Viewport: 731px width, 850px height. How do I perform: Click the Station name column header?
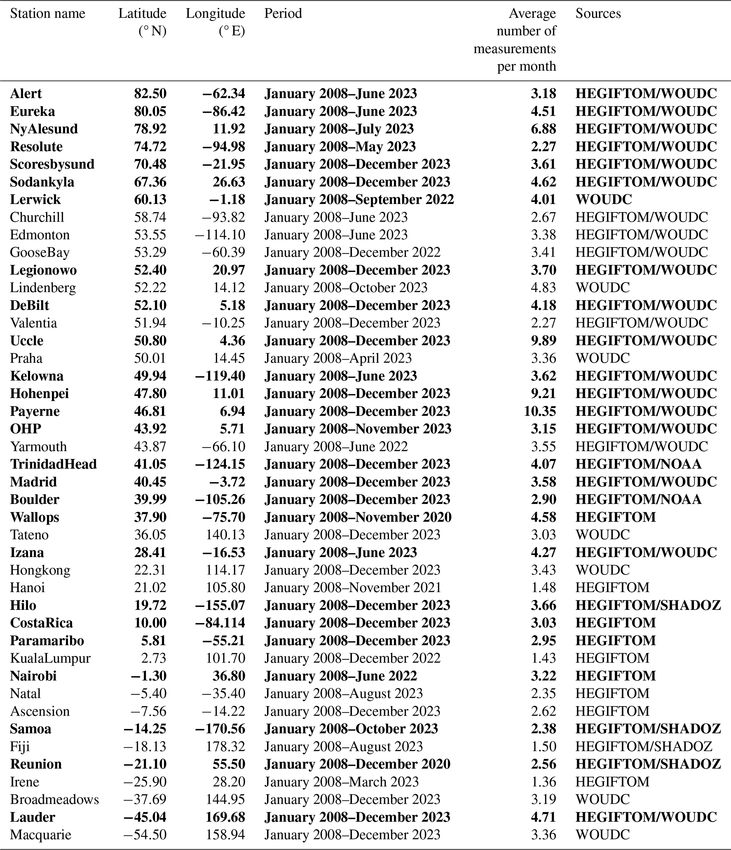click(x=48, y=13)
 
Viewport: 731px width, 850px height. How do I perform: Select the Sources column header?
click(x=598, y=13)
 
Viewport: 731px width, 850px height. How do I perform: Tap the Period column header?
click(x=283, y=13)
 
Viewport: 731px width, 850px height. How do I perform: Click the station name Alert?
click(x=26, y=94)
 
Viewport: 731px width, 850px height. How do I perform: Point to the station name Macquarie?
click(x=41, y=835)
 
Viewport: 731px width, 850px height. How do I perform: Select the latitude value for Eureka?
click(x=150, y=111)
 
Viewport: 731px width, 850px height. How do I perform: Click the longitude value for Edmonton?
click(x=220, y=235)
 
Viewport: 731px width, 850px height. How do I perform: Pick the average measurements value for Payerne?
click(x=539, y=411)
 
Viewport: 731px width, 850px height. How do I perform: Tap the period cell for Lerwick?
click(x=359, y=199)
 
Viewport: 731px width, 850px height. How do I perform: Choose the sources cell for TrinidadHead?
click(x=638, y=464)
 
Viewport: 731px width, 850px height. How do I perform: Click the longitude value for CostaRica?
click(x=220, y=623)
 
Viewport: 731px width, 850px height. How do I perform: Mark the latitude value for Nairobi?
click(x=148, y=676)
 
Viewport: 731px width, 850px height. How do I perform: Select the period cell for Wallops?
click(x=358, y=517)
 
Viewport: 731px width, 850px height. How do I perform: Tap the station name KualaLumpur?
click(x=50, y=658)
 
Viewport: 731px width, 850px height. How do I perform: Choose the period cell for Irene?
click(x=341, y=781)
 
